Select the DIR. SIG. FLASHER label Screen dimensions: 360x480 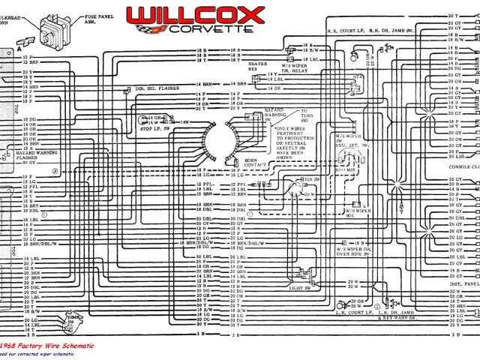pyautogui.click(x=154, y=88)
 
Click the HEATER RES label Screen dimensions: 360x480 pyautogui.click(x=258, y=67)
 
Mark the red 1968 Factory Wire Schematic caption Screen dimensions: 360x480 pyautogui.click(x=47, y=345)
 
